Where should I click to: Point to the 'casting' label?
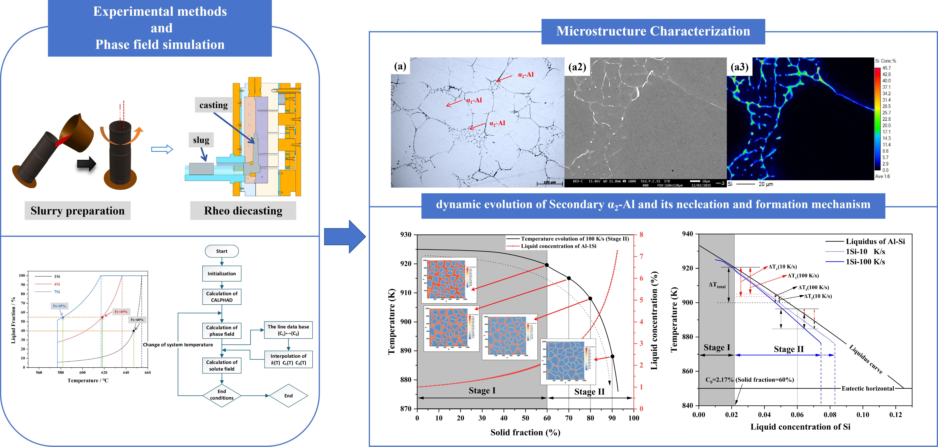(x=213, y=105)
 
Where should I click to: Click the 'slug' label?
(x=201, y=140)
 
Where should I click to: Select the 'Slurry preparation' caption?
(x=77, y=211)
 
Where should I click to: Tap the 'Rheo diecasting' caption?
(x=243, y=211)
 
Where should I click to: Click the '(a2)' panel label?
(x=577, y=67)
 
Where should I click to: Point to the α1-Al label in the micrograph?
(x=474, y=100)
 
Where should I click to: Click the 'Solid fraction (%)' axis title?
(x=525, y=432)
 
